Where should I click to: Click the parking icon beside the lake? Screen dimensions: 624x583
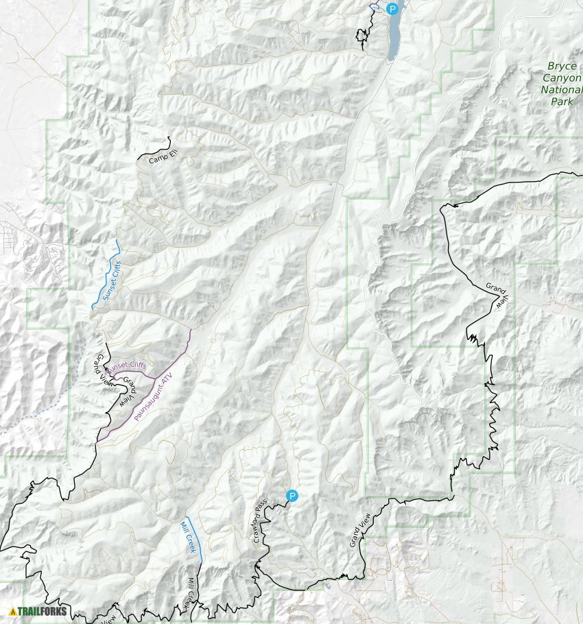point(392,9)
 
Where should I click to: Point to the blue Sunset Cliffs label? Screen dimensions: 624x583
point(112,282)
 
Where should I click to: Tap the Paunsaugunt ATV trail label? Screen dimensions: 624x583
point(155,397)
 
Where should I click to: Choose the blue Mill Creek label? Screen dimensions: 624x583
point(188,538)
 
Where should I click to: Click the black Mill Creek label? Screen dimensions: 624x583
point(191,592)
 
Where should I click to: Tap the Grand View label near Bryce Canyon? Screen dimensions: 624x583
point(499,293)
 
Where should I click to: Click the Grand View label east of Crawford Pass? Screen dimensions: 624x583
point(359,529)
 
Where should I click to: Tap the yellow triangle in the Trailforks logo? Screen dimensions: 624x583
point(12,611)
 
